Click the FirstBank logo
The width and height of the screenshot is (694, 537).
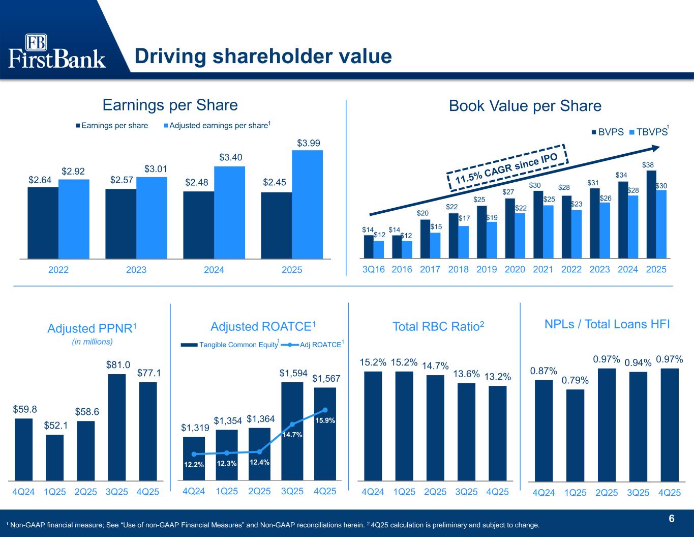57,51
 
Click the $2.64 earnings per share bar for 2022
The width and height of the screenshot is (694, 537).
43,222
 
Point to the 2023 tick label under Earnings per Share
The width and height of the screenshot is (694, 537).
136,270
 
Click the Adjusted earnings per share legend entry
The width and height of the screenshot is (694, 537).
217,125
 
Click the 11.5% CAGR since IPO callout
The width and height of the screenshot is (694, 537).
506,165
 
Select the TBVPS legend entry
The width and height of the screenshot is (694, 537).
649,132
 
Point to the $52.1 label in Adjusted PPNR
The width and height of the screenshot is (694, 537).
55,425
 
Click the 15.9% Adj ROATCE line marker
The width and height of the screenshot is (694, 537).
325,410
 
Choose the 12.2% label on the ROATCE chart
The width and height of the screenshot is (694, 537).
194,464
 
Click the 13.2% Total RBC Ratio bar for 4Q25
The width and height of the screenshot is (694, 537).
498,433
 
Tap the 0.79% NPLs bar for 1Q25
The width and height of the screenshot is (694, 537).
575,435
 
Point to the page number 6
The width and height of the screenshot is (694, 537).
672,519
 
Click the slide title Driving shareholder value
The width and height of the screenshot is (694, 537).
263,56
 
